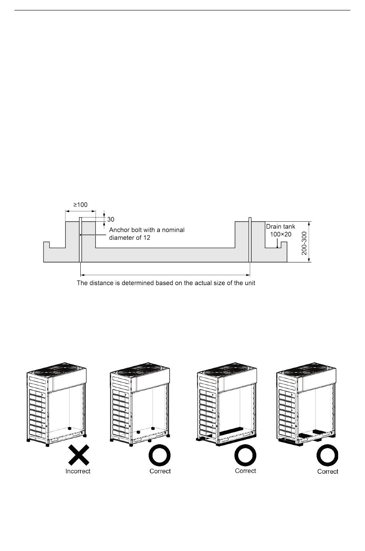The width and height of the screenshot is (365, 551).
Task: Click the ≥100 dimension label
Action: (80, 205)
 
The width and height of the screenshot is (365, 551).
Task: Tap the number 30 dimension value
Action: (111, 219)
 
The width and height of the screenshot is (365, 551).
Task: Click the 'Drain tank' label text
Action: (280, 227)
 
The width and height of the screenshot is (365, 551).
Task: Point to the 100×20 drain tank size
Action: (280, 234)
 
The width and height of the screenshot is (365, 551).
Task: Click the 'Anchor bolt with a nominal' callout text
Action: (147, 230)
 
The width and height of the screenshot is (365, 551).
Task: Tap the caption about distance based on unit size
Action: (166, 283)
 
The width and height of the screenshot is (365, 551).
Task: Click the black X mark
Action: (78, 455)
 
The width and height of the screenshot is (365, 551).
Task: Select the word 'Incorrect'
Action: (78, 471)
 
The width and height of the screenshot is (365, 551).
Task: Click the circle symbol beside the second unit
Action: (159, 455)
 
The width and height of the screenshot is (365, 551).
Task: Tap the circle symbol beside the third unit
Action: (246, 456)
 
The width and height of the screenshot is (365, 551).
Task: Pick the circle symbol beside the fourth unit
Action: (327, 456)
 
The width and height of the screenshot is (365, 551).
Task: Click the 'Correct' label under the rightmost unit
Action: (328, 471)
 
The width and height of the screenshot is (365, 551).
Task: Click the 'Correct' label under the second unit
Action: (160, 471)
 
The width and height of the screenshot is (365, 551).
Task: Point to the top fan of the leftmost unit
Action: (56, 372)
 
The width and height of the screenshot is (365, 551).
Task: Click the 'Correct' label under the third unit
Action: (246, 471)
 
